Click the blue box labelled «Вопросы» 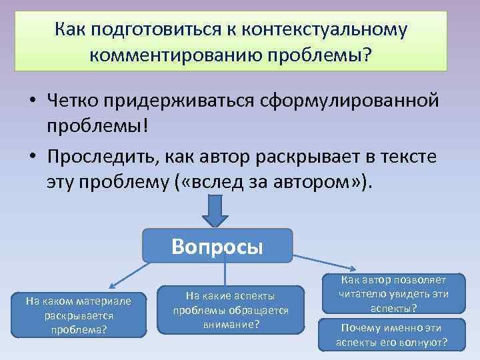click(217, 246)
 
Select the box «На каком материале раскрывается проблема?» click(79, 315)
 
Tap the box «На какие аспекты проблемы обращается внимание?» click(231, 309)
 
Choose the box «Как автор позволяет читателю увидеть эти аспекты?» click(393, 293)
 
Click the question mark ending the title click(367, 54)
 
